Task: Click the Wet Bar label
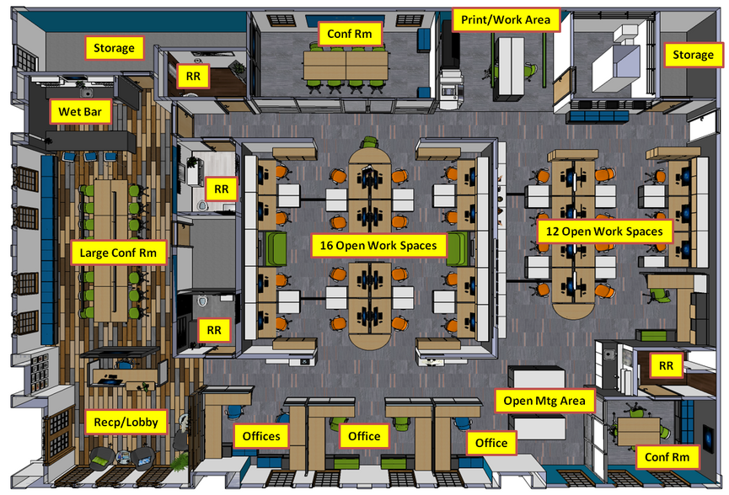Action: point(80,111)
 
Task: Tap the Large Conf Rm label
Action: point(118,253)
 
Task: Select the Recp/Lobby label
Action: point(126,422)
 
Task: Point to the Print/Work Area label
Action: point(506,20)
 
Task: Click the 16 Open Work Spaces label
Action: point(378,245)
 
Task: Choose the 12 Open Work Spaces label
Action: point(604,232)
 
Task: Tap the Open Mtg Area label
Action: point(544,401)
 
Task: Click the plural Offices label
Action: point(261,436)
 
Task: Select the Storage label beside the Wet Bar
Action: point(114,48)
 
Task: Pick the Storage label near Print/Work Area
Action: point(694,55)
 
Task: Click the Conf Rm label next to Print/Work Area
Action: point(350,34)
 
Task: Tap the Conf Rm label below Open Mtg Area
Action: point(667,457)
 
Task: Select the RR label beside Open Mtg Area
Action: point(667,365)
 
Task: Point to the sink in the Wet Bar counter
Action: point(86,93)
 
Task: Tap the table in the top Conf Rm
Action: point(346,66)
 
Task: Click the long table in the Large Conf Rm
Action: point(110,250)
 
